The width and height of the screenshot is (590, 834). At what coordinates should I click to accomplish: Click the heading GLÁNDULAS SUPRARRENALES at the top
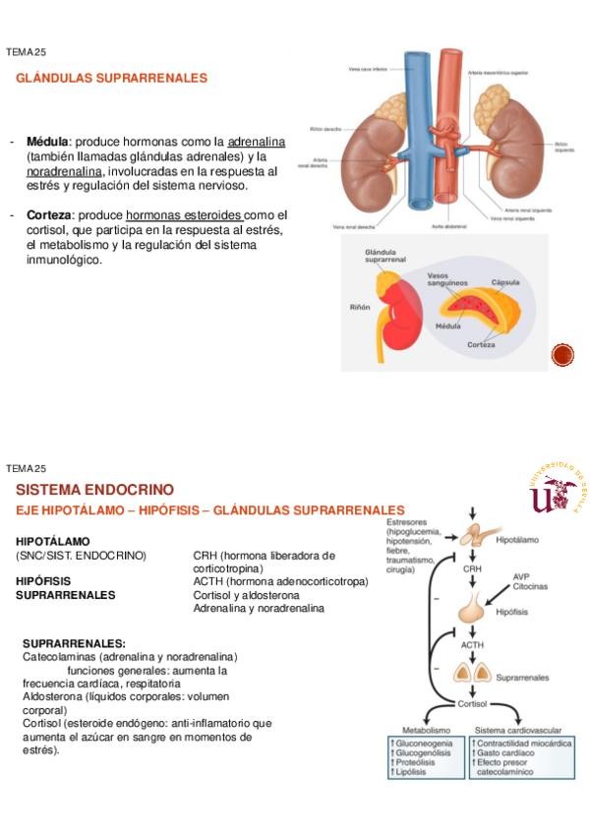(111, 78)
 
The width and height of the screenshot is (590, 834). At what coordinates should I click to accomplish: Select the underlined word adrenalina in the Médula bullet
(257, 142)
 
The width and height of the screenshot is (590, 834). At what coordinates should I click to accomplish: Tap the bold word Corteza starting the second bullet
(49, 214)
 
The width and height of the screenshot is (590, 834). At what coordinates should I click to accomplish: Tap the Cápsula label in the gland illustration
(505, 281)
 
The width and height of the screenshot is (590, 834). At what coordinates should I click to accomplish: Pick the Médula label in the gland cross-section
(448, 325)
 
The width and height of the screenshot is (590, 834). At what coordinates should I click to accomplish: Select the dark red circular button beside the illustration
(561, 355)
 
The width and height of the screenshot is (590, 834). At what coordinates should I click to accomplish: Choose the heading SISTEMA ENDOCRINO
(94, 489)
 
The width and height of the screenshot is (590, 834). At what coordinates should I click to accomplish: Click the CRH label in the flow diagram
(473, 569)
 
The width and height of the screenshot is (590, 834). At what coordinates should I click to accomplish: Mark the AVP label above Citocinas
(522, 576)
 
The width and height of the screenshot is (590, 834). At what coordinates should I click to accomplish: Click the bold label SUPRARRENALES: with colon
(74, 643)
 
